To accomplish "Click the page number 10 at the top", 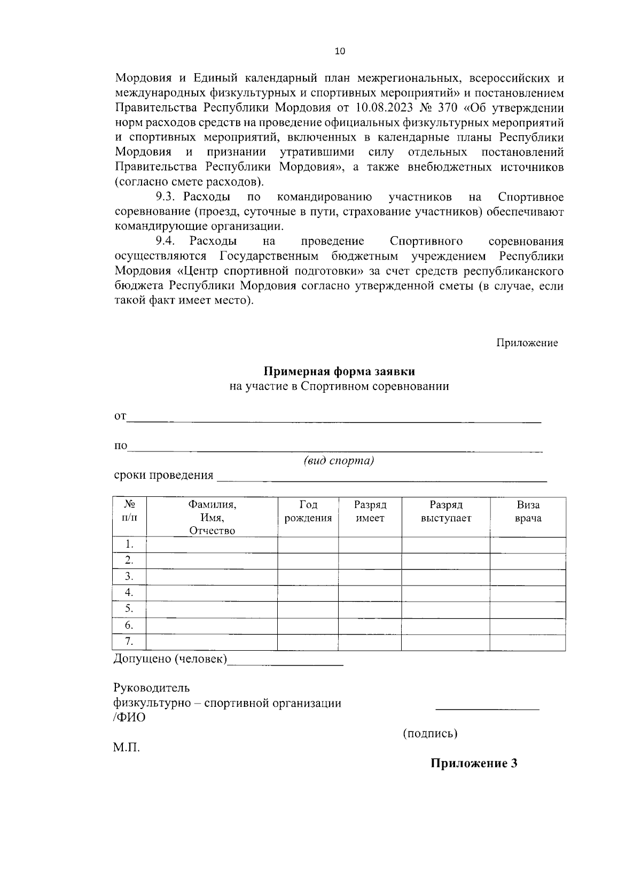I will (x=340, y=51).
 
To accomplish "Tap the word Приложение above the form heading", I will (x=527, y=343).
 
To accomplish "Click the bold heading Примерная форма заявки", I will (x=339, y=371).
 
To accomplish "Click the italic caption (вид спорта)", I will (x=339, y=461).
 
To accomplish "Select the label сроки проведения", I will (x=163, y=475).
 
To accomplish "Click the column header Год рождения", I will (x=308, y=511).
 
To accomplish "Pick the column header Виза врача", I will (x=528, y=511).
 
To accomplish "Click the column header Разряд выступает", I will (x=445, y=511).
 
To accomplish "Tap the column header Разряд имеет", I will (x=370, y=511).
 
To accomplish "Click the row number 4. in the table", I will (x=129, y=592).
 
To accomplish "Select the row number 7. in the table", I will (x=129, y=642).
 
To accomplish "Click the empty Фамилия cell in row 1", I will (x=212, y=545).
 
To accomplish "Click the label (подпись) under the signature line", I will (x=430, y=734).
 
